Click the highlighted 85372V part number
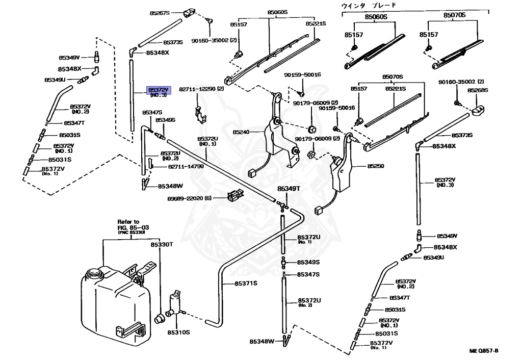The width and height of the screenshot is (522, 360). [158, 89]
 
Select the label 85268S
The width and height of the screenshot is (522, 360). [478, 90]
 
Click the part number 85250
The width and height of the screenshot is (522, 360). [375, 167]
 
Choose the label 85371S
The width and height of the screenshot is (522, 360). [246, 284]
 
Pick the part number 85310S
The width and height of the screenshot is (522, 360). [179, 332]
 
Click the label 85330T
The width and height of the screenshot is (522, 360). [162, 245]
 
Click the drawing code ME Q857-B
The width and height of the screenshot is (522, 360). [484, 351]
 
